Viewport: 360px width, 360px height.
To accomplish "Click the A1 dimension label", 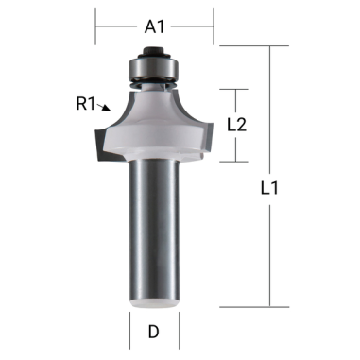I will pyautogui.click(x=155, y=27).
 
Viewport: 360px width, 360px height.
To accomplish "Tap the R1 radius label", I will pyautogui.click(x=88, y=104).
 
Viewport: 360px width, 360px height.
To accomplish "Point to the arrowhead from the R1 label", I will pyautogui.click(x=112, y=111).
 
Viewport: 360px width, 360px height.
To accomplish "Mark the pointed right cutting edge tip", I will pyautogui.click(x=214, y=148).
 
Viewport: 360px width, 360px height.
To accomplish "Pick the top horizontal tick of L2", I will pyautogui.click(x=234, y=89).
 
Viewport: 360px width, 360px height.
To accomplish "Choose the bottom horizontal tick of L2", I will pyautogui.click(x=234, y=161).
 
